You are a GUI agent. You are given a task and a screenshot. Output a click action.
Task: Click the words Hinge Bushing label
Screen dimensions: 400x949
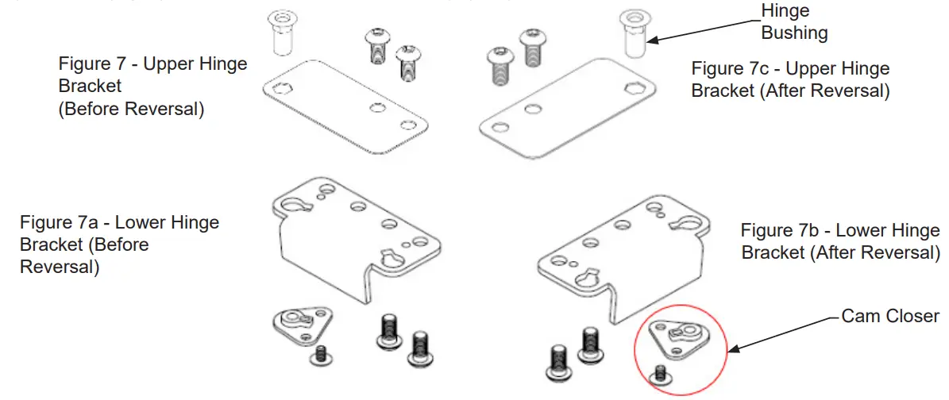794,22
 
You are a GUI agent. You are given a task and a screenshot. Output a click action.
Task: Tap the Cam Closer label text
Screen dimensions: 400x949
890,316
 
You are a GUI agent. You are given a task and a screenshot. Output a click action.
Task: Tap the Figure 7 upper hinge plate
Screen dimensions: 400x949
345,111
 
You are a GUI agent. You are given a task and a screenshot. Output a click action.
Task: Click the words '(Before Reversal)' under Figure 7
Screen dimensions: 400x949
131,110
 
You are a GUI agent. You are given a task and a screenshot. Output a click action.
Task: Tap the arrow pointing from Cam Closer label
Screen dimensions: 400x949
786,333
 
